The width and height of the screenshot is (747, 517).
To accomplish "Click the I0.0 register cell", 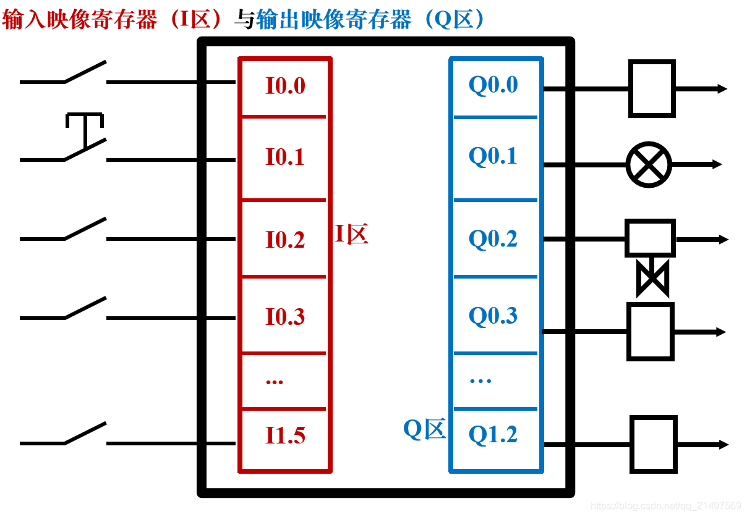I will pyautogui.click(x=285, y=86).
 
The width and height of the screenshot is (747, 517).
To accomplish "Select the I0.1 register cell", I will pyautogui.click(x=285, y=157).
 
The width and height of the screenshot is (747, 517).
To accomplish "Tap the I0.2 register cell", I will pyautogui.click(x=285, y=240).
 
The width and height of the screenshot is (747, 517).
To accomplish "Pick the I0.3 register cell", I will pyautogui.click(x=285, y=317).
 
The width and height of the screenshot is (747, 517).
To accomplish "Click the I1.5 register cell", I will pyautogui.click(x=285, y=435).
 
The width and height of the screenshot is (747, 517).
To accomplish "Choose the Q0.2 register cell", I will pyautogui.click(x=493, y=239).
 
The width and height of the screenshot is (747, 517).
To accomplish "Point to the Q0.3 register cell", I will pyautogui.click(x=493, y=316).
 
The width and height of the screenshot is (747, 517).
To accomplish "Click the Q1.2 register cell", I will pyautogui.click(x=493, y=435).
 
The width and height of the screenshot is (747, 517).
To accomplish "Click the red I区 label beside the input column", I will pyautogui.click(x=352, y=235).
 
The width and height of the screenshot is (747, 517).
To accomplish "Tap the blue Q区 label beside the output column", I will pyautogui.click(x=424, y=429).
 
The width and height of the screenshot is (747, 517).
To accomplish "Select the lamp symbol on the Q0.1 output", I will pyautogui.click(x=649, y=164).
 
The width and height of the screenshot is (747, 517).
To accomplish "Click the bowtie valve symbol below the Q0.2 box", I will pyautogui.click(x=652, y=279).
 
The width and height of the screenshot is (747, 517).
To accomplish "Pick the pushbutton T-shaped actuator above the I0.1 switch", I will pyautogui.click(x=84, y=122).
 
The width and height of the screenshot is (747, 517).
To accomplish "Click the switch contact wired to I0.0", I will pyautogui.click(x=85, y=74).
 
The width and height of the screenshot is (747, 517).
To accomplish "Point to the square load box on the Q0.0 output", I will pyautogui.click(x=652, y=88).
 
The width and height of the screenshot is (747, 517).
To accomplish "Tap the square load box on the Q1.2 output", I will pyautogui.click(x=653, y=444).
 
